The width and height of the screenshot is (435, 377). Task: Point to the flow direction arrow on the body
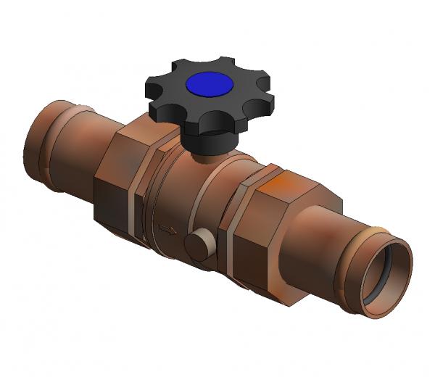167,231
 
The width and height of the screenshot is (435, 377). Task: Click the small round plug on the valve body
196,245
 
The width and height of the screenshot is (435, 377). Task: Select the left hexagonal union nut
116,181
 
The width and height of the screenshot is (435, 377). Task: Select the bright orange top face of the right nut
290,186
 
